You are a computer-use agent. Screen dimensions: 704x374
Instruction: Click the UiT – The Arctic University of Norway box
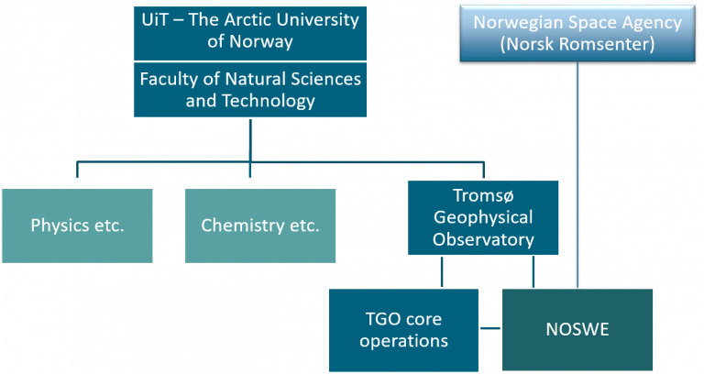[x=250, y=33]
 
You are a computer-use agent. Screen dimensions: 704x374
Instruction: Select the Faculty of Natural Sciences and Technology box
[x=250, y=90]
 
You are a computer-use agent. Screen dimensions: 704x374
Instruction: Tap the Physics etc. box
[x=77, y=225]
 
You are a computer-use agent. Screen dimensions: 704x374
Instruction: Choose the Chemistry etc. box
[x=260, y=225]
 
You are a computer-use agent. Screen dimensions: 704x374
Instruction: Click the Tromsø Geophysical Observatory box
[x=483, y=218]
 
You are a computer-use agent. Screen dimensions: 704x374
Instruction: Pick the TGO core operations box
[x=403, y=330]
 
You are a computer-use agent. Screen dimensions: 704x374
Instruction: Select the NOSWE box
[x=577, y=330]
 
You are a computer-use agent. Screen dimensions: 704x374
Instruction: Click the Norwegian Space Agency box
[x=577, y=33]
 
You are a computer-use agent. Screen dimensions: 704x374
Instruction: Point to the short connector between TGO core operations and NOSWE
[x=490, y=328]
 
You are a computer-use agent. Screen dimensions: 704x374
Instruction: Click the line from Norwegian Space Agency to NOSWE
[x=577, y=175]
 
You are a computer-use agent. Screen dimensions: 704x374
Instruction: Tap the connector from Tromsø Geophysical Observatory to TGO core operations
[x=442, y=271]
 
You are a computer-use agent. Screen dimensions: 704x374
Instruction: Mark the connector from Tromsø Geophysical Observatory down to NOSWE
[x=533, y=271]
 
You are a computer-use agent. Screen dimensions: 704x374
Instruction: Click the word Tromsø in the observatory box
[x=483, y=196]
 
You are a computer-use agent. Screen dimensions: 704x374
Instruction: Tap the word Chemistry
[x=242, y=225]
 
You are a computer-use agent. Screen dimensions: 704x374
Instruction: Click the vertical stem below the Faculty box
[x=250, y=140]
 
